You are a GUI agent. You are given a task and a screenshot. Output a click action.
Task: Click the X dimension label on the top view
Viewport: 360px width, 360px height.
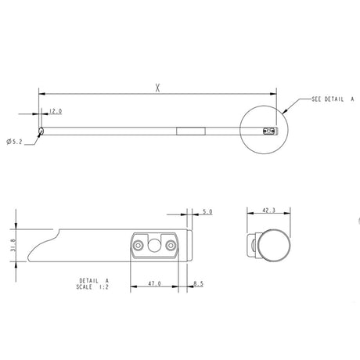click(157, 88)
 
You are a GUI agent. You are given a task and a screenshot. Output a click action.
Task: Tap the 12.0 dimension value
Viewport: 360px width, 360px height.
click(56, 111)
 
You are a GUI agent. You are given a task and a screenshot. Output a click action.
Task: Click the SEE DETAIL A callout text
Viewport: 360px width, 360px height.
click(333, 101)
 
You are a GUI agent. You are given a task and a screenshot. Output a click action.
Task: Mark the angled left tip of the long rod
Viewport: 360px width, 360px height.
click(40, 131)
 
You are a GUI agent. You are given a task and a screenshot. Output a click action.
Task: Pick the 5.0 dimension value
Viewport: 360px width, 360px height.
click(207, 212)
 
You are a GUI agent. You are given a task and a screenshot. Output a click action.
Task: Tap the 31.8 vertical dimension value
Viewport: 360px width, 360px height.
click(9, 245)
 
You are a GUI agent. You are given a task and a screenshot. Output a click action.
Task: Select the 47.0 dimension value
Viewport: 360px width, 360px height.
click(155, 285)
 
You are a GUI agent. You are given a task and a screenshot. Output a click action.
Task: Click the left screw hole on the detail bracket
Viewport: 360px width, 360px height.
click(139, 246)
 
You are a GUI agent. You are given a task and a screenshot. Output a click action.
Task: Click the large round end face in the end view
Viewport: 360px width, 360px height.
click(273, 246)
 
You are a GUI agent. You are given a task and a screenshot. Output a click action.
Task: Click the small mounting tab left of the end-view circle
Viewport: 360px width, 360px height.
click(253, 246)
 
